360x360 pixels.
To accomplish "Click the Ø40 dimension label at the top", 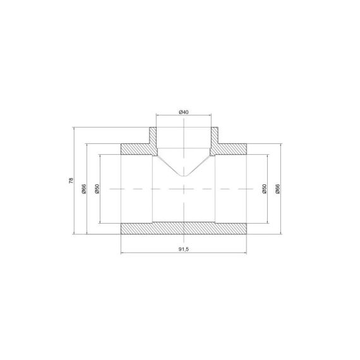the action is (184, 112).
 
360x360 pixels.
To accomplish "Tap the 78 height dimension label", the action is (71, 181).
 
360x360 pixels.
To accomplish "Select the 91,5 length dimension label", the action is (184, 249).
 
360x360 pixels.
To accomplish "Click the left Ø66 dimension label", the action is (84, 189).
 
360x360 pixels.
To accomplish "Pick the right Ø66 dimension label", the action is (277, 189).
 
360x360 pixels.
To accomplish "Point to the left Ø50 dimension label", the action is (97, 189).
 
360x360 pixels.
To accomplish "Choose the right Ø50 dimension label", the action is (264, 189).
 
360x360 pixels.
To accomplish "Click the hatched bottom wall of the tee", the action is (184, 229).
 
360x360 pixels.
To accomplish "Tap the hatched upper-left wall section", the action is (136, 149).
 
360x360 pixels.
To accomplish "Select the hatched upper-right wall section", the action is (231, 149).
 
